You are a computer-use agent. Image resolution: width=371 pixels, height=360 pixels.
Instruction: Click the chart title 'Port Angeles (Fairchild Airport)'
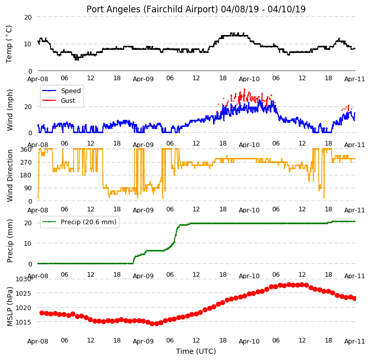point(152,9)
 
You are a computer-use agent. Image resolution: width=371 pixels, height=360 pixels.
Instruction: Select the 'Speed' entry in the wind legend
point(70,91)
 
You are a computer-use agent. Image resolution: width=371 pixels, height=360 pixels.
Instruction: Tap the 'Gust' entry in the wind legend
point(68,100)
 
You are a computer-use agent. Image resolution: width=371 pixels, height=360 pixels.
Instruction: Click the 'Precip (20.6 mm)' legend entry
point(89,222)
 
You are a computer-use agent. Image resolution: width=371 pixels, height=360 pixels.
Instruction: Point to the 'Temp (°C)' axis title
point(9,44)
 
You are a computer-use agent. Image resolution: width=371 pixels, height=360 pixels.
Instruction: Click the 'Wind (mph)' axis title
point(10,110)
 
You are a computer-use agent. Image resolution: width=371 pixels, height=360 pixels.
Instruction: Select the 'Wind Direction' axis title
point(10,175)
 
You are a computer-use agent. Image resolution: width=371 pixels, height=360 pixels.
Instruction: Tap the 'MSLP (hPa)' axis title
point(10,307)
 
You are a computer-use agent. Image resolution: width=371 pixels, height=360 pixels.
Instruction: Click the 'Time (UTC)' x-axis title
point(196,351)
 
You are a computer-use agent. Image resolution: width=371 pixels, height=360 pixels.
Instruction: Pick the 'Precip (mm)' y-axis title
point(10,241)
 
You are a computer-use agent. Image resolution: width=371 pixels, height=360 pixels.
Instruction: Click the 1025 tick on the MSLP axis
point(24,294)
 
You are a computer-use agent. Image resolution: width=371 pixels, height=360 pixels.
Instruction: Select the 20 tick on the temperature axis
point(28,17)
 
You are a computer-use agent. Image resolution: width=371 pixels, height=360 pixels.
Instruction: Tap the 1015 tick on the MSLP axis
point(24,322)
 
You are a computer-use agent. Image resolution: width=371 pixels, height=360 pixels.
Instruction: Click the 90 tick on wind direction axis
point(28,188)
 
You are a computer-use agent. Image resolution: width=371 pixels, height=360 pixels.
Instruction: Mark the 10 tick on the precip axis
point(28,243)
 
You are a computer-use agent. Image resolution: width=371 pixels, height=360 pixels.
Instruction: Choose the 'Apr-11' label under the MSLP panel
point(355,341)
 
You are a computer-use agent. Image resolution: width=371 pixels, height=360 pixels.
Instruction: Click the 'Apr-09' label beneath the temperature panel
point(143,79)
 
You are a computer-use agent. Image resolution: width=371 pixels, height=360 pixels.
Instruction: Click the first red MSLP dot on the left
point(42,313)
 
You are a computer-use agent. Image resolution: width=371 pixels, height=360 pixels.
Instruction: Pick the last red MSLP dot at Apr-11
point(355,298)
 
